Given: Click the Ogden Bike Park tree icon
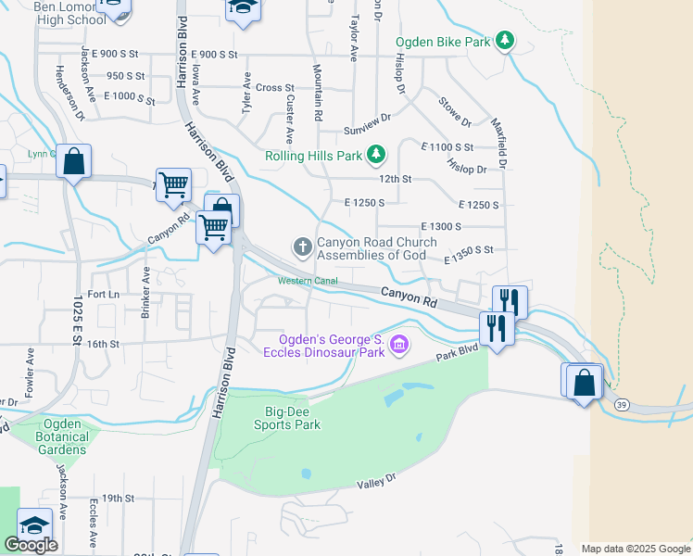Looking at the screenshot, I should [504, 41].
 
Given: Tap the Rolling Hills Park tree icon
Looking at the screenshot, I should [376, 155].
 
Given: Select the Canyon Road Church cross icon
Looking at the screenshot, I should [302, 246].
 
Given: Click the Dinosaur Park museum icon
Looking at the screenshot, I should [399, 345].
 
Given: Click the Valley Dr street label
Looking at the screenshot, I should [377, 481].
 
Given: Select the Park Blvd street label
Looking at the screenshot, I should [457, 350].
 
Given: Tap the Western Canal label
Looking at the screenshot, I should [309, 281].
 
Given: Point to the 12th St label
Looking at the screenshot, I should [395, 179].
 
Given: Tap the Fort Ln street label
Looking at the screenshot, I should [103, 295].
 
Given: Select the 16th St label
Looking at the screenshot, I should [105, 344].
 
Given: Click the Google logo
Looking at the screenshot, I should [31, 545].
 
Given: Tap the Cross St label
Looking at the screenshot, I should [275, 88].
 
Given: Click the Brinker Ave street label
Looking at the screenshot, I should [145, 293].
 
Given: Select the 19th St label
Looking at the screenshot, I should [119, 498].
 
